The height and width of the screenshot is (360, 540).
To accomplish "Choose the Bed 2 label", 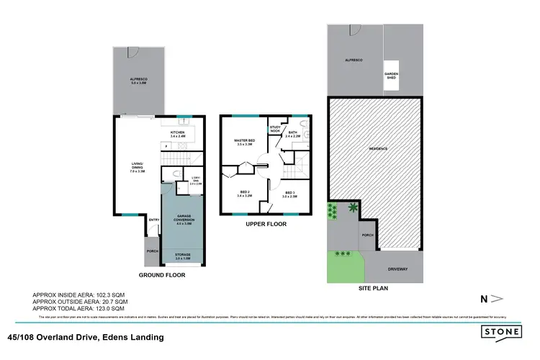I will click(x=243, y=192).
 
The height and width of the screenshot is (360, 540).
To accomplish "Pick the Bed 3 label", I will click(x=289, y=193).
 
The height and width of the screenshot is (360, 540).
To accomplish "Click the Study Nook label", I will click(x=275, y=128).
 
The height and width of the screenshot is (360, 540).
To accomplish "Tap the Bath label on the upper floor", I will click(x=293, y=132).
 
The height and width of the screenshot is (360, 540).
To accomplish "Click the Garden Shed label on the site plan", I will click(x=391, y=74).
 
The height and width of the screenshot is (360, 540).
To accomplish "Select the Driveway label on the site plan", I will click(x=397, y=269).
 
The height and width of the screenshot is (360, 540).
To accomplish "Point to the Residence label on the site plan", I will click(x=379, y=148).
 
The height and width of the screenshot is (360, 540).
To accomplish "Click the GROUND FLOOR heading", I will click(x=162, y=275).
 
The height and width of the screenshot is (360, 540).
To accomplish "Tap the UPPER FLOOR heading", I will click(x=266, y=224).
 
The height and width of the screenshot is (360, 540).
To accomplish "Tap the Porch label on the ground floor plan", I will click(x=153, y=251).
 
